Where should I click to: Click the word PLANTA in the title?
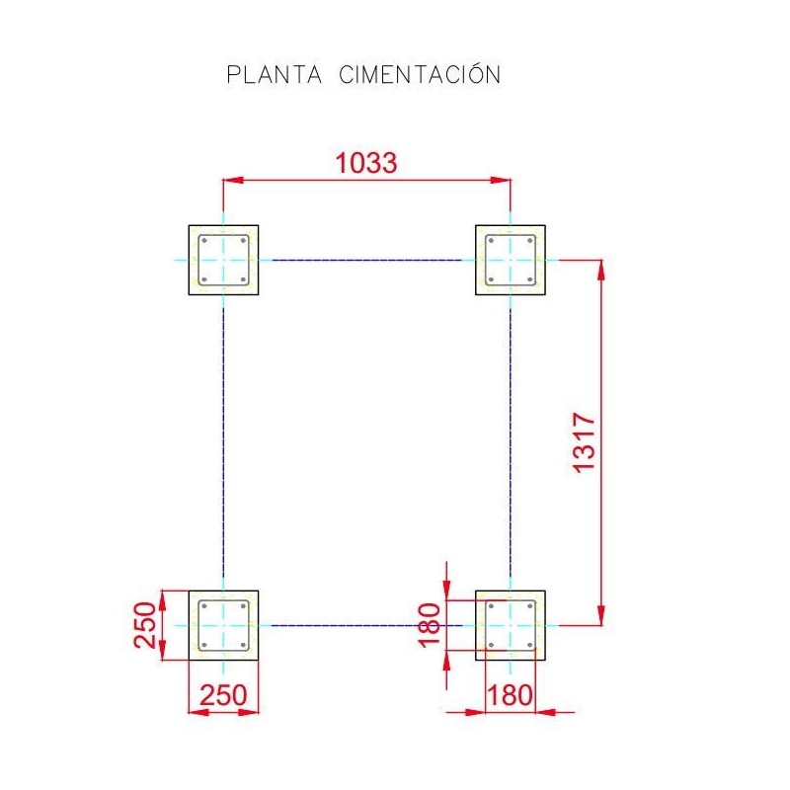point(275,75)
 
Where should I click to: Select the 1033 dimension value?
point(366,163)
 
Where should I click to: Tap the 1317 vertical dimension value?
point(585,442)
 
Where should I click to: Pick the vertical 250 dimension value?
point(144,625)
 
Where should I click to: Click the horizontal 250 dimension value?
point(223,695)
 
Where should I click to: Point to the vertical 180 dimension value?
point(430,625)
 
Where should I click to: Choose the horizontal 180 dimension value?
point(510,695)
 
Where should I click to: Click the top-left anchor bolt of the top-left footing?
point(204,240)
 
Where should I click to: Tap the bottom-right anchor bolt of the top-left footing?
point(243,279)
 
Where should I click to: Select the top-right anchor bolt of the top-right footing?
point(529,240)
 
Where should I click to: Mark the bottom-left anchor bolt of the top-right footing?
point(491,279)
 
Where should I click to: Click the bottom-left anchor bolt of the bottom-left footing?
point(204,645)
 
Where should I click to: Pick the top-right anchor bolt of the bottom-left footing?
point(243,606)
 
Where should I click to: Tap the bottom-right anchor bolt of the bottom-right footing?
point(529,645)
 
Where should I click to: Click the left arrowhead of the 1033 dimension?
point(233,180)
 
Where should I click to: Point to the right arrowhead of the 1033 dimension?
point(501,180)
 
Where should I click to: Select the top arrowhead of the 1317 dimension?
point(601,270)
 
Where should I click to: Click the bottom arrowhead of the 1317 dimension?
point(601,615)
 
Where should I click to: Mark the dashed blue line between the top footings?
point(366,261)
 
